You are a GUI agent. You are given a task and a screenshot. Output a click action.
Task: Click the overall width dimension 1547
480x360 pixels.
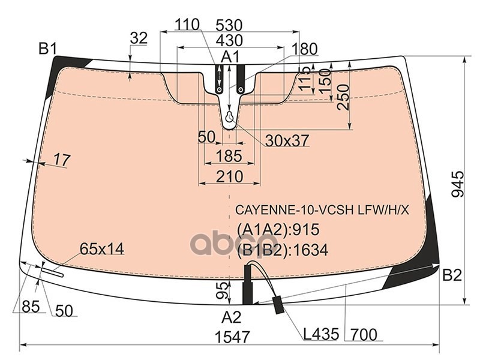tap(233, 337)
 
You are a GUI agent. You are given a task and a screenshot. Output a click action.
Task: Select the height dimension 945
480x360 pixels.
tap(458, 184)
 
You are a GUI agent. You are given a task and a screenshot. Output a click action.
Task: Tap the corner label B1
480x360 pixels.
tap(48, 49)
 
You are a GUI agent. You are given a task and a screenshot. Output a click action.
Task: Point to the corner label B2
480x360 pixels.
tap(452, 276)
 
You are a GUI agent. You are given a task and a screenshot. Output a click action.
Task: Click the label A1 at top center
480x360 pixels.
tap(230, 57)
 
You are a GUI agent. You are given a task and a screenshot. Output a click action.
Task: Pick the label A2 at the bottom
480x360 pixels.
tap(232, 317)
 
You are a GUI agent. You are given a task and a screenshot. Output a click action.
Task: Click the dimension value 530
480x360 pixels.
tap(229, 25)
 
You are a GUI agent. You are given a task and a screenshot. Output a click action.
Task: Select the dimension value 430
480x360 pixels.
tap(230, 40)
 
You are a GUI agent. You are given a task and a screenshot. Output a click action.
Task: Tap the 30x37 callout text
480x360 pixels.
tap(287, 140)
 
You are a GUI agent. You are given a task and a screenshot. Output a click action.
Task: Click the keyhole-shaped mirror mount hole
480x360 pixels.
tap(230, 117)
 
